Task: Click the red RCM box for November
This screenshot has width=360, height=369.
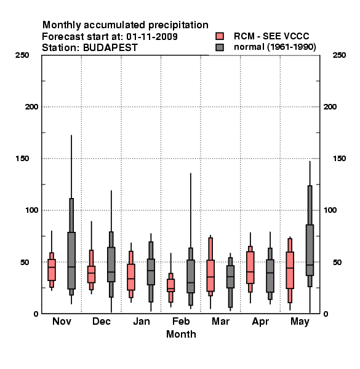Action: click(52, 270)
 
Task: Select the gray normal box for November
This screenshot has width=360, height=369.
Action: click(71, 261)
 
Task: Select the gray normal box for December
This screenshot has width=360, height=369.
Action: click(111, 264)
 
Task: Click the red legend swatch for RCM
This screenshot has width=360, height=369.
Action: click(220, 36)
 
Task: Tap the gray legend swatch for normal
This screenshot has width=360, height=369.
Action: click(220, 47)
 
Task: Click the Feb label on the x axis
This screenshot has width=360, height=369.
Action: click(181, 321)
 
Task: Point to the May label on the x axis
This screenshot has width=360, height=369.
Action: click(300, 322)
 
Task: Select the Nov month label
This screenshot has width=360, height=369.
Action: click(62, 321)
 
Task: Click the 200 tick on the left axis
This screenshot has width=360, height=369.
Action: click(31, 106)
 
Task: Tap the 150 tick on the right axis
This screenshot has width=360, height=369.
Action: click(340, 159)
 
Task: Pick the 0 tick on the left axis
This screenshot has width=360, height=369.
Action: click(36, 314)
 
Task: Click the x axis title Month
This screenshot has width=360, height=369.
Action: click(181, 334)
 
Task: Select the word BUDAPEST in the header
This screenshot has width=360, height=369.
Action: click(110, 48)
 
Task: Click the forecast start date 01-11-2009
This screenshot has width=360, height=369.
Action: click(152, 36)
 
